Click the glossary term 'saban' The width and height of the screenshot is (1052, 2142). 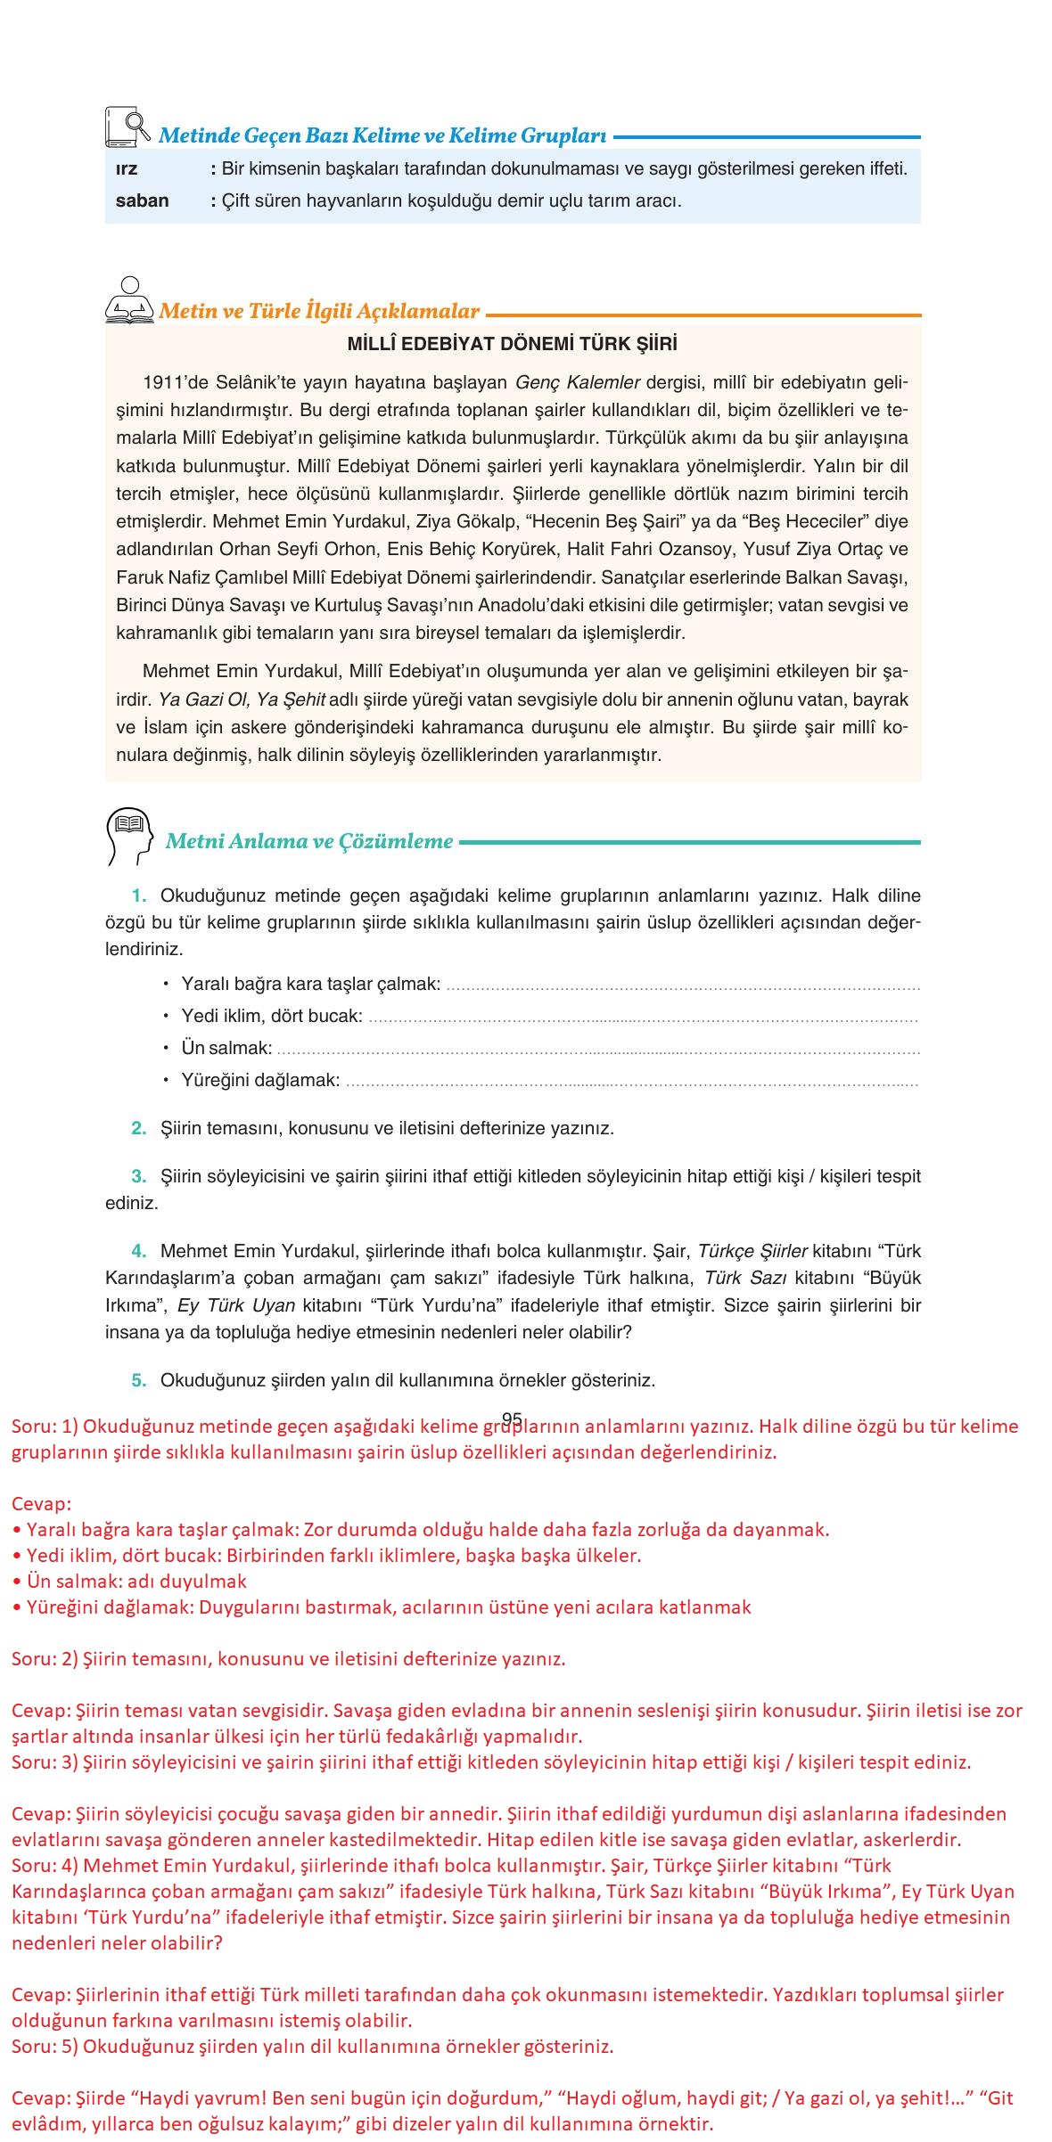pos(142,200)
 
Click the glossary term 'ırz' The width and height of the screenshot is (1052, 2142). pos(127,168)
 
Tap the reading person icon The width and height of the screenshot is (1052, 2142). pos(130,301)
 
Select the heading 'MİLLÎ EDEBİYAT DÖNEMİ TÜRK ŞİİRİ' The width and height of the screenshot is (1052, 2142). pos(513,344)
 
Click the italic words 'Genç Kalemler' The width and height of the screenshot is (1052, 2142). pos(578,383)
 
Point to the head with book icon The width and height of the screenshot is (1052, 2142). pos(128,836)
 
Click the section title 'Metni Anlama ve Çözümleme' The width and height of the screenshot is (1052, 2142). pos(309,841)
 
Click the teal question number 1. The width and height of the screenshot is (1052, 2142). pos(138,895)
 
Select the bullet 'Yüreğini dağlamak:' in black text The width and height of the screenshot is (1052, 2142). pos(260,1080)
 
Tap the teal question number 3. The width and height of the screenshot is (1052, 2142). pos(138,1176)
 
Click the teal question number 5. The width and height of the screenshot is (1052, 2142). pos(138,1380)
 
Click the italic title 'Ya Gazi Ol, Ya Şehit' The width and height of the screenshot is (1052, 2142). pos(242,699)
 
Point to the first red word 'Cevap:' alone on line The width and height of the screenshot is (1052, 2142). pos(41,1504)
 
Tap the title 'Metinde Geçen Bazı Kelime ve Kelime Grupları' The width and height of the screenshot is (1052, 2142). pos(382,136)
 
